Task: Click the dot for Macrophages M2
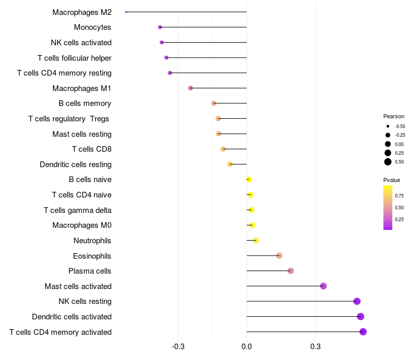126,12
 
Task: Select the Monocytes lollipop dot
160,27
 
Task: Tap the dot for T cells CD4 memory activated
363,332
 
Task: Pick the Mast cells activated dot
323,286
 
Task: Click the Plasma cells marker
291,271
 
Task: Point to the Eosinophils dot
279,256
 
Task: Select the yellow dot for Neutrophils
256,240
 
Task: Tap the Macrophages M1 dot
191,88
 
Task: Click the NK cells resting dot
357,301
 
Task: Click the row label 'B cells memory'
85,103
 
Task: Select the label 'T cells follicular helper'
74,58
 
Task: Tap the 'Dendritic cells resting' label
76,165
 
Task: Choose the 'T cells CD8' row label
92,149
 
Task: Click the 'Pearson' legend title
394,116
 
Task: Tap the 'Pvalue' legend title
391,180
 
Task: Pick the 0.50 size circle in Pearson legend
388,162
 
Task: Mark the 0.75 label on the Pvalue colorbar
400,196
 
